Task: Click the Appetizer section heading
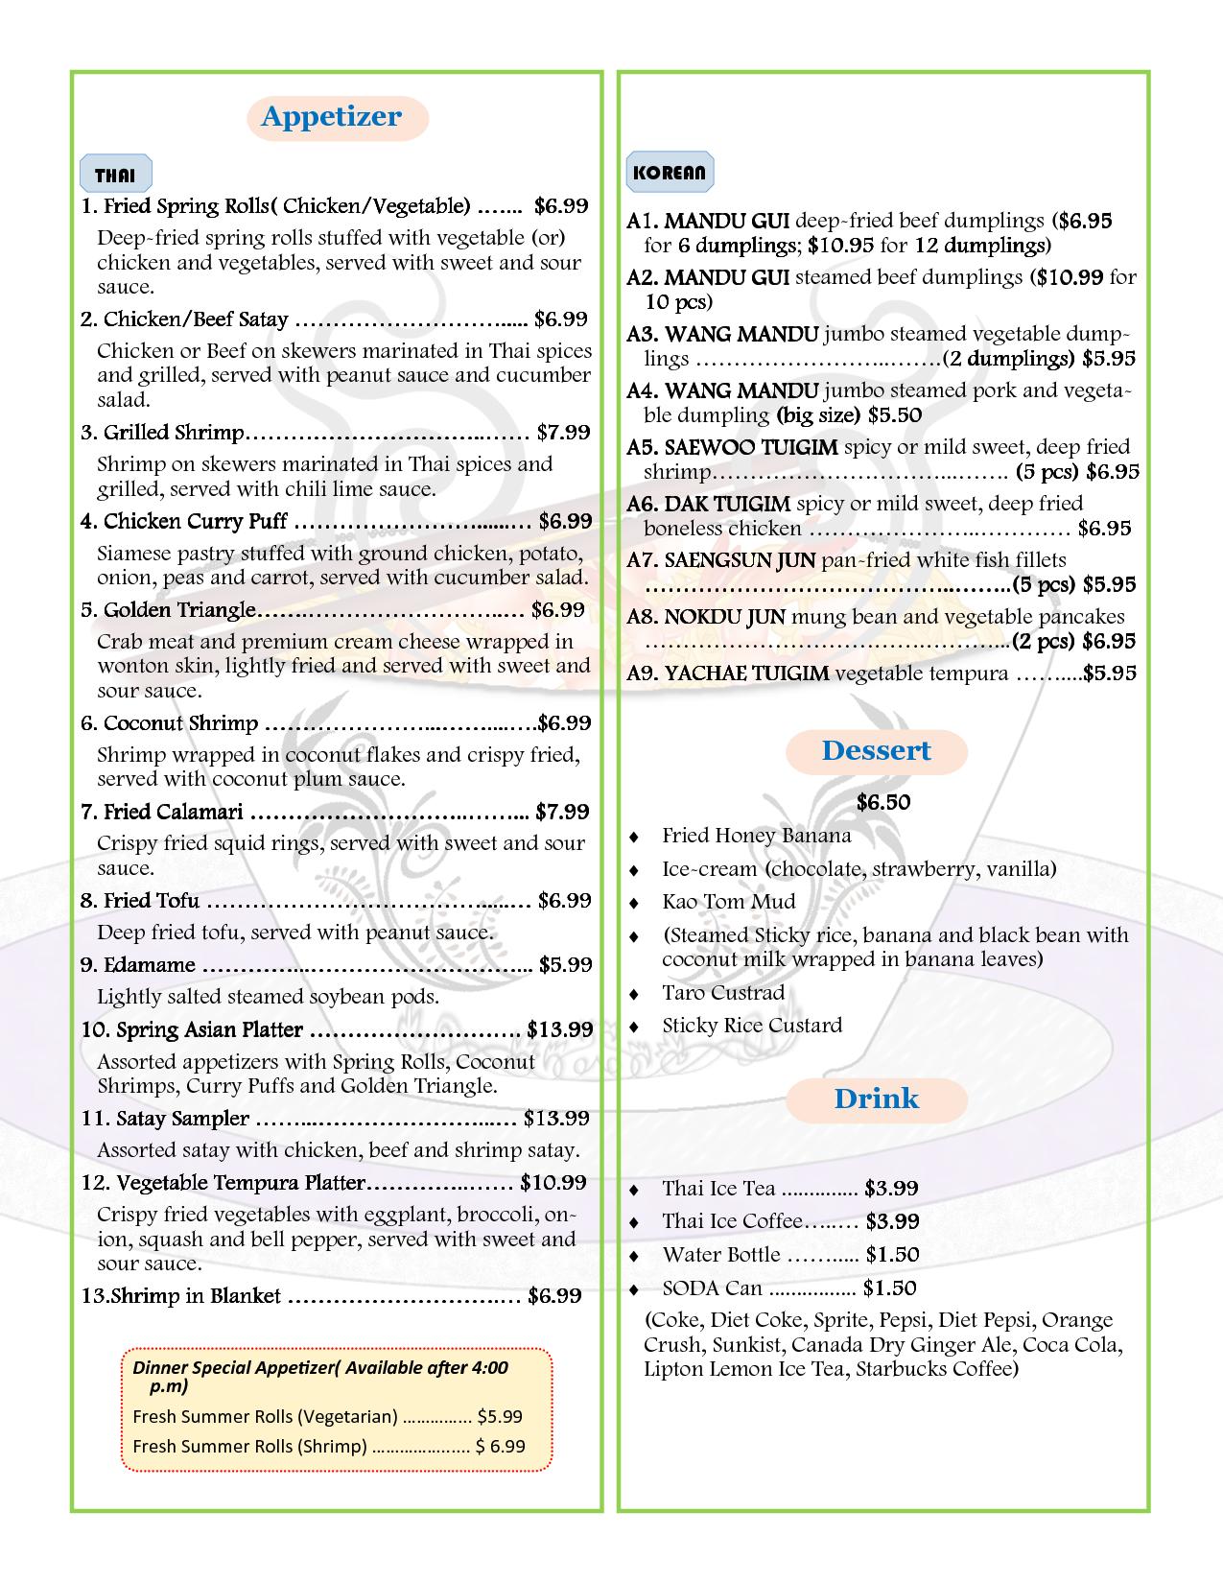[x=331, y=117]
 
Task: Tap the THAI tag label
[x=115, y=176]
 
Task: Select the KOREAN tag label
[x=670, y=173]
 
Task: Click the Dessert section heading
[x=876, y=750]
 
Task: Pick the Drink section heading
[x=876, y=1099]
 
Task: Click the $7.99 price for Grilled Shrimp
[x=563, y=433]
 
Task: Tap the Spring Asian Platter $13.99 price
[x=560, y=1030]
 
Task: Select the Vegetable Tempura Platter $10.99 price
[x=553, y=1183]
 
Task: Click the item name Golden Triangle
[x=179, y=610]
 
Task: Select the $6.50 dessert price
[x=883, y=802]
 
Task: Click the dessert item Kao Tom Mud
[x=728, y=902]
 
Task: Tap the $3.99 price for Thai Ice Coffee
[x=892, y=1221]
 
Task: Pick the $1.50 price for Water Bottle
[x=892, y=1255]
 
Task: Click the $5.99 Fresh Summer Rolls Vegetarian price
[x=500, y=1416]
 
